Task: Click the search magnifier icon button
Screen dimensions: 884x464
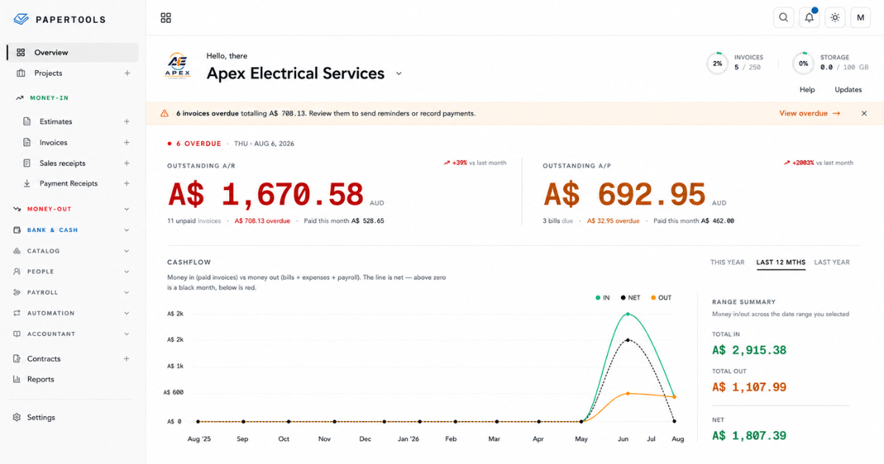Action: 783,18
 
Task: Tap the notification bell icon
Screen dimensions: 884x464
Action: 809,18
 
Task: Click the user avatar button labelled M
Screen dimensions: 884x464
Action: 860,18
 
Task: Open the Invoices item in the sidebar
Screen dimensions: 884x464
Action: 53,142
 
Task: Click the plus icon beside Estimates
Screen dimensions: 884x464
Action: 127,122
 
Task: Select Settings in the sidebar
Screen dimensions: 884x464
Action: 41,418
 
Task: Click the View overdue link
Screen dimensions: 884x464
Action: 810,113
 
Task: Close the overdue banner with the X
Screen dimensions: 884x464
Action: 864,113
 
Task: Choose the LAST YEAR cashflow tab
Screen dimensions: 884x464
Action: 832,262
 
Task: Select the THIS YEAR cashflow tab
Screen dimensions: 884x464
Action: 727,262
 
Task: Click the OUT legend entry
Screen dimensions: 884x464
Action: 661,298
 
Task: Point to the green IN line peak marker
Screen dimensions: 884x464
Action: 628,314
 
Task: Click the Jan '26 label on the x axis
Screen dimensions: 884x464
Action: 408,439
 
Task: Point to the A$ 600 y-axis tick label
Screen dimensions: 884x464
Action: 173,392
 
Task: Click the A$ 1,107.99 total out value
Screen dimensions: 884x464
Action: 749,387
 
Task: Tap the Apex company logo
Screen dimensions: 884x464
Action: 178,66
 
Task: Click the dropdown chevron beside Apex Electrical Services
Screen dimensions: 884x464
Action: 399,74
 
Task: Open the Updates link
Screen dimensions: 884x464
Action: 848,90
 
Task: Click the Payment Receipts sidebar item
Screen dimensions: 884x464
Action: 69,183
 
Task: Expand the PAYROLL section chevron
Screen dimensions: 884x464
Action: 127,292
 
